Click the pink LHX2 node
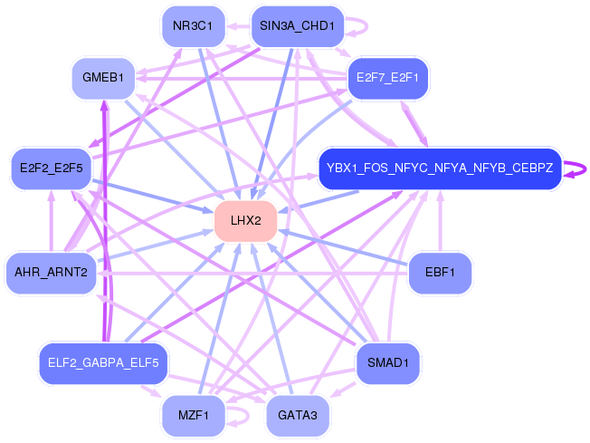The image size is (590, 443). pyautogui.click(x=245, y=221)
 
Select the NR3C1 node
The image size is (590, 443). pyautogui.click(x=192, y=26)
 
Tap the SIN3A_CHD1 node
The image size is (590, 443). pyautogui.click(x=296, y=26)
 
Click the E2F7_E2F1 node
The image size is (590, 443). pyautogui.click(x=387, y=78)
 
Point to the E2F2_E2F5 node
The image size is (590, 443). pyautogui.click(x=51, y=169)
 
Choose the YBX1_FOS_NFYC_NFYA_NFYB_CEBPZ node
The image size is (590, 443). pyautogui.click(x=440, y=169)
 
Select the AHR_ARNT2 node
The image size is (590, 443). pyautogui.click(x=51, y=272)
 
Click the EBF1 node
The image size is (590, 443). pyautogui.click(x=440, y=272)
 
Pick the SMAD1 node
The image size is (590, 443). pyautogui.click(x=387, y=363)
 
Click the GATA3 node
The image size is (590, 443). pyautogui.click(x=296, y=416)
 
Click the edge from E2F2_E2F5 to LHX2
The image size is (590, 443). pyautogui.click(x=154, y=194)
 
